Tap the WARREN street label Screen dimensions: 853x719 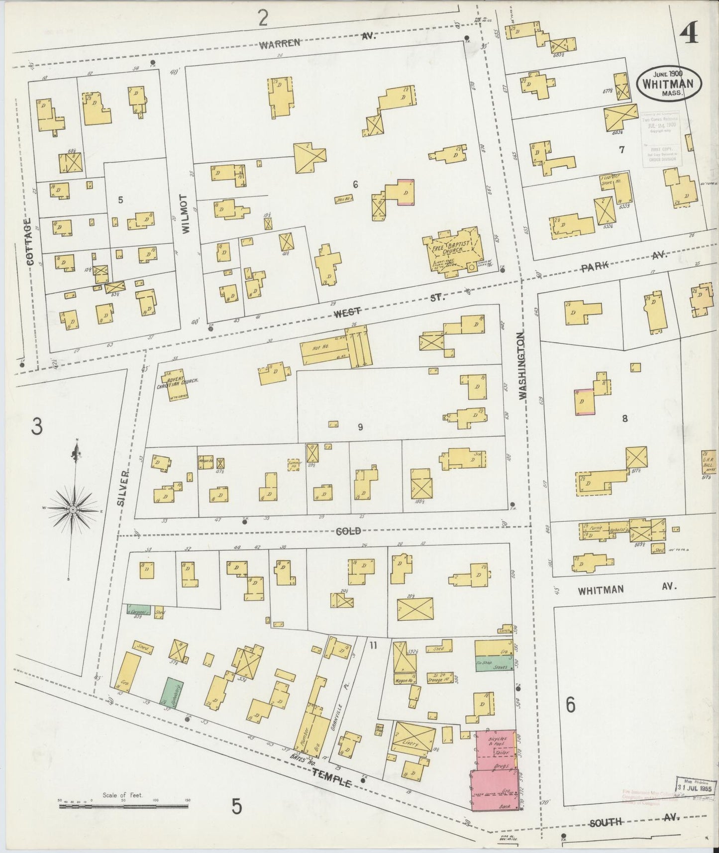[280, 43]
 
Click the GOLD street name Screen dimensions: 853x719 [347, 531]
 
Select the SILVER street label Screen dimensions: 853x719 [123, 489]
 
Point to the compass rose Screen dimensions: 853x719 [73, 510]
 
